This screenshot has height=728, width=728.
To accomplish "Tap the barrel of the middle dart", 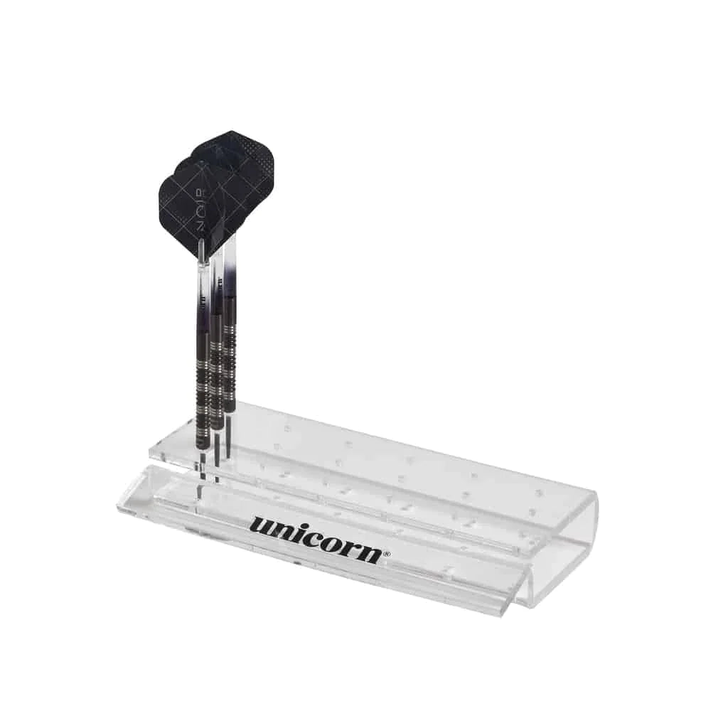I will pos(216,370).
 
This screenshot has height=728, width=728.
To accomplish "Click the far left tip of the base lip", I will pos(118,505).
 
